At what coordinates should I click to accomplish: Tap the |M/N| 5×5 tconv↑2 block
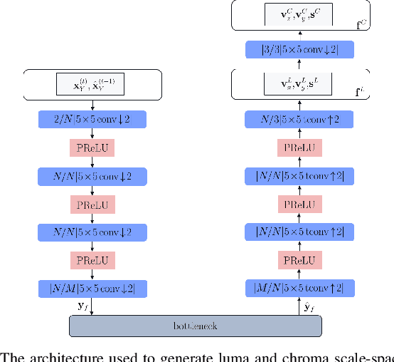(299, 289)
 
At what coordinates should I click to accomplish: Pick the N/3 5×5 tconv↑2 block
(299, 119)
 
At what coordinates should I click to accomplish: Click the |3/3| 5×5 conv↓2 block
(299, 49)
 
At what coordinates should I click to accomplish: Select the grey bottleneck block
(196, 326)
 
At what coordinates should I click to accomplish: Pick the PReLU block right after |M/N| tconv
(299, 261)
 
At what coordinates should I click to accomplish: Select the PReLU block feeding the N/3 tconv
(299, 148)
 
